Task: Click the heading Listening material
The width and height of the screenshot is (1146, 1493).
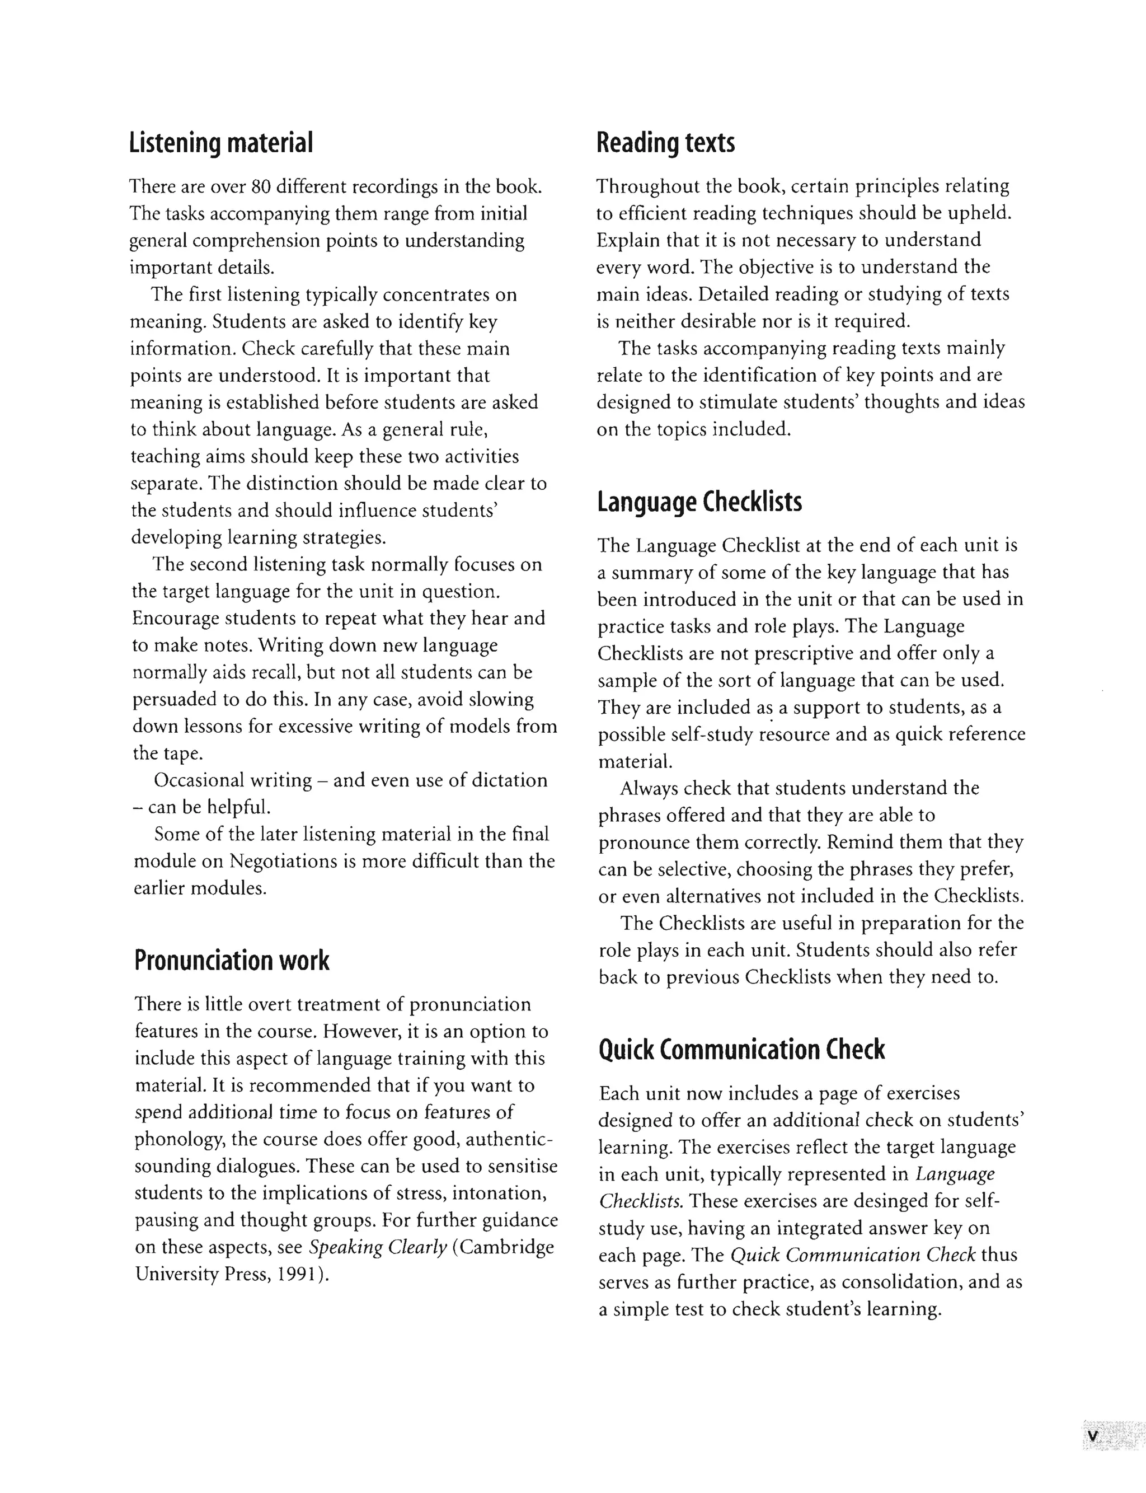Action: point(221,143)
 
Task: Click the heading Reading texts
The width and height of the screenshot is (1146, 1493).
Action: point(665,143)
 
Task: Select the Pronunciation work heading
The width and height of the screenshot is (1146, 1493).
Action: point(231,960)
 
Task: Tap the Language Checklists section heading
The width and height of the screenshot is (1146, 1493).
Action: point(699,502)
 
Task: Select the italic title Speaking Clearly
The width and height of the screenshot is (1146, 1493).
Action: point(377,1247)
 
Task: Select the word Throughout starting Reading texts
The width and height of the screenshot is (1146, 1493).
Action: point(644,186)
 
